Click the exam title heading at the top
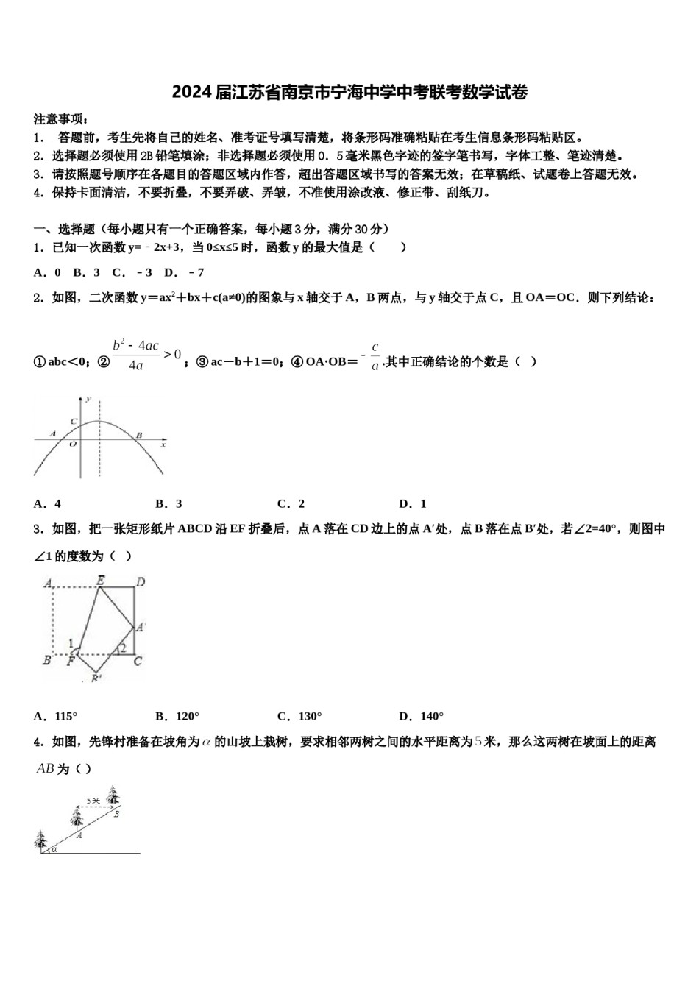[349, 93]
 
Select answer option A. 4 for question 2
[47, 504]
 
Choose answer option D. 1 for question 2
[413, 504]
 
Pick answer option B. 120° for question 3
[177, 716]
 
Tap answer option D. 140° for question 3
[422, 716]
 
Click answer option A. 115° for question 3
[55, 716]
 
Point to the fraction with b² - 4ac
[136, 355]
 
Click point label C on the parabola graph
[74, 422]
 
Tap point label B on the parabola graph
[139, 435]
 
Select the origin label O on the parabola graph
[72, 444]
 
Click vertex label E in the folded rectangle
[101, 581]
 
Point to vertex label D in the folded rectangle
[141, 583]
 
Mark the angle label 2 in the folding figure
[124, 648]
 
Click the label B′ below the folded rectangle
[96, 678]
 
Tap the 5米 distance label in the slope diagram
[93, 801]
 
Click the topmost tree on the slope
[113, 795]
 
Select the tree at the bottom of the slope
[40, 839]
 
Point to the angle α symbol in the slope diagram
[54, 848]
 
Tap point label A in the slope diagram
[79, 835]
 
